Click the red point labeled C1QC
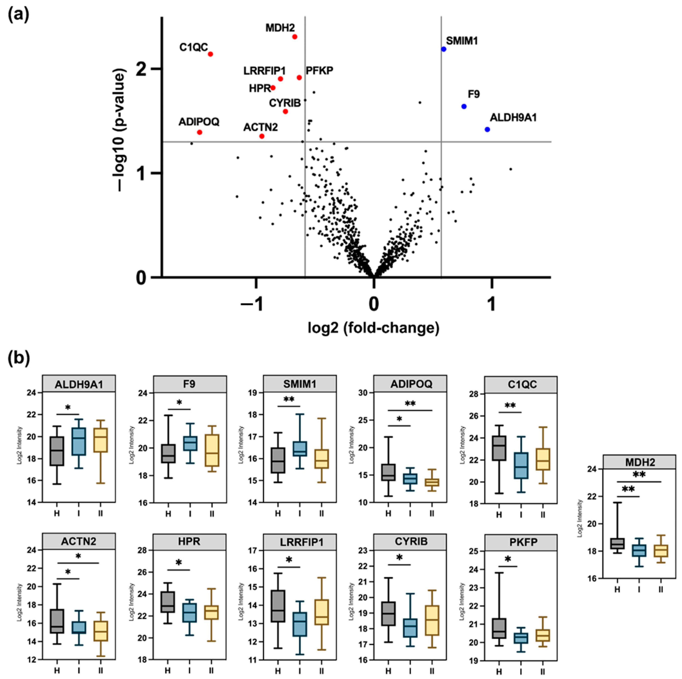(x=210, y=54)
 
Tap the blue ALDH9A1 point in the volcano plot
(x=487, y=129)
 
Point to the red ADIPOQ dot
(x=200, y=132)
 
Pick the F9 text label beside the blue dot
(x=474, y=94)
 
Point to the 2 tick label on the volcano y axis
(x=141, y=69)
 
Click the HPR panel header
(x=190, y=542)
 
